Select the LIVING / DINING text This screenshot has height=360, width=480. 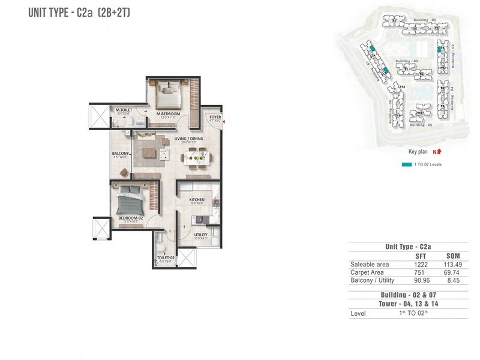188,139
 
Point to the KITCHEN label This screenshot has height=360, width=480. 197,200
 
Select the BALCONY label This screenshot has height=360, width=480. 121,154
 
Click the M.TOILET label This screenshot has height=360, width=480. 124,110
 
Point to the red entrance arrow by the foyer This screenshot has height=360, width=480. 223,122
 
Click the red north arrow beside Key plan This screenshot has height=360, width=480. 439,152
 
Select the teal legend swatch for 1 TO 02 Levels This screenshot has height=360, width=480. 406,164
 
